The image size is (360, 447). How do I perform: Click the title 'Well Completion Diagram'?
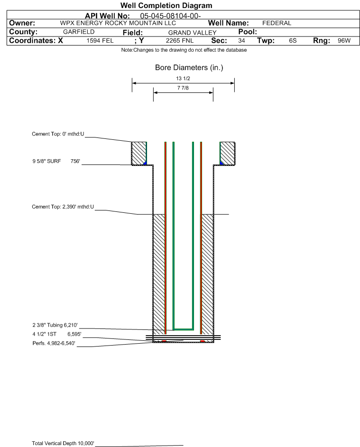[x=166, y=5]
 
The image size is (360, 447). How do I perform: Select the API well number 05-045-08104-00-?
[x=170, y=16]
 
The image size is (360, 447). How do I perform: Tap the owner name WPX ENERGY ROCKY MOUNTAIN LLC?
[x=118, y=23]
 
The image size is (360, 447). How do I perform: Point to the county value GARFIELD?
[x=79, y=32]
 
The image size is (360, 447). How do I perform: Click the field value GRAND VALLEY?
[x=192, y=33]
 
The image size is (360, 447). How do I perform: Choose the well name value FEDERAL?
[x=277, y=23]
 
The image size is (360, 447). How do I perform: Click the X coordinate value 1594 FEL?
[x=100, y=41]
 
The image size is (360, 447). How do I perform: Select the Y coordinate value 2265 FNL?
[x=180, y=41]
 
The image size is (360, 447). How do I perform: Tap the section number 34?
[x=241, y=41]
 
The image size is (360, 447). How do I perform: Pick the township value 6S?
[x=293, y=41]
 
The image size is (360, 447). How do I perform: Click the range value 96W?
[x=344, y=41]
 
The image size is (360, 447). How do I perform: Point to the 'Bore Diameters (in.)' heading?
[x=189, y=68]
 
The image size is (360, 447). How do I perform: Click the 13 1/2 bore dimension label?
[x=183, y=78]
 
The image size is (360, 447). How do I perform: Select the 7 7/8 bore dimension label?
[x=183, y=88]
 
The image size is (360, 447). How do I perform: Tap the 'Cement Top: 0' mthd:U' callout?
[x=58, y=134]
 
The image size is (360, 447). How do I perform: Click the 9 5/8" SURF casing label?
[x=46, y=161]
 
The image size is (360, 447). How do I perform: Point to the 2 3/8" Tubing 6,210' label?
[x=55, y=325]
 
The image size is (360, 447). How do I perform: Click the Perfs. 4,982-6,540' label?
[x=54, y=344]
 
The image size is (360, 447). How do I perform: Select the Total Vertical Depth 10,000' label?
[x=63, y=443]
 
